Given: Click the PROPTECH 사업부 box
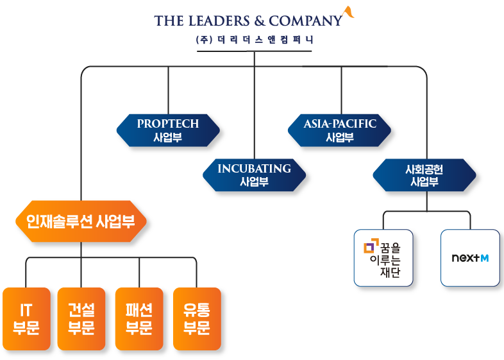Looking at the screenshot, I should click(168, 130).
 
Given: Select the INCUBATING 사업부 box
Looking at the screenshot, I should click(254, 175).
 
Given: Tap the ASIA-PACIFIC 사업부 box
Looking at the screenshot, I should click(340, 130).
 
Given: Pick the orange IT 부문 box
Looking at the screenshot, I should click(26, 319).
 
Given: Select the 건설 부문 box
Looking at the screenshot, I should click(81, 319).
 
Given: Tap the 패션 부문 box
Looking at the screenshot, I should click(139, 319).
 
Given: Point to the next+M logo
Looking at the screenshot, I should click(469, 258).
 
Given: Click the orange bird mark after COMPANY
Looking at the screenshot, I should click(348, 13).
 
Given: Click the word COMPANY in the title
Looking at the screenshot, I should click(305, 21).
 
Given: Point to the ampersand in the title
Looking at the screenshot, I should click(256, 21).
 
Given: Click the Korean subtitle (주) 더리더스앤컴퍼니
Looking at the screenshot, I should click(255, 40).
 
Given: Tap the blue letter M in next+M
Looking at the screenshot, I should click(484, 258).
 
